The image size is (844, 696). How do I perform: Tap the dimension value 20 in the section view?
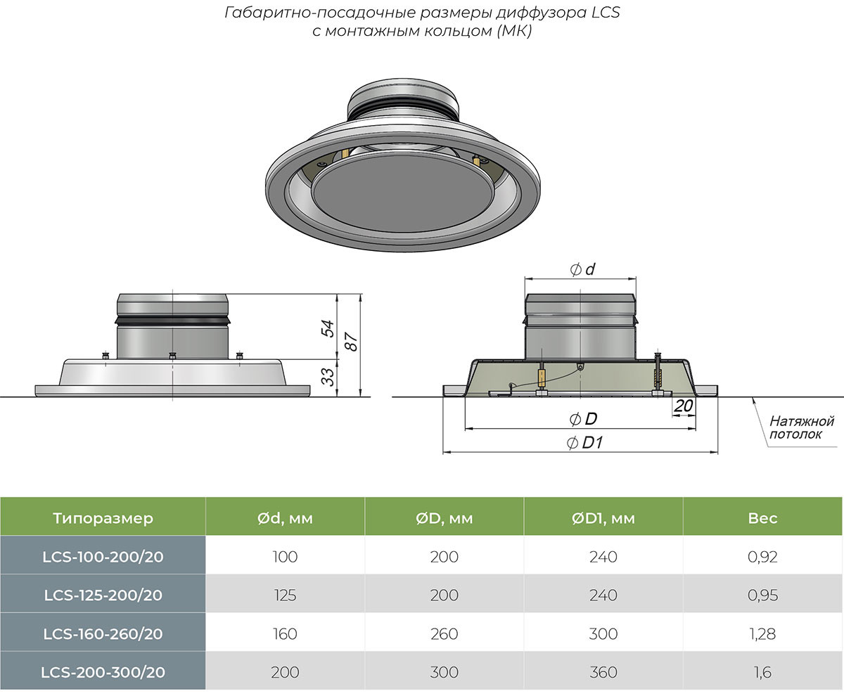683,405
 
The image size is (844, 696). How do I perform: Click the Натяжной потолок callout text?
800,427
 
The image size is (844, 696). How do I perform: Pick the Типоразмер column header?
103,519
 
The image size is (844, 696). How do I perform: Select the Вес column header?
763,519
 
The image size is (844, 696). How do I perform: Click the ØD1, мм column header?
603,519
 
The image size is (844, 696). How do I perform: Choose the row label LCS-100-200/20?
103,557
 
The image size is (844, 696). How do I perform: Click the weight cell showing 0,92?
763,557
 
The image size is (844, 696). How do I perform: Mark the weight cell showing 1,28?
763,633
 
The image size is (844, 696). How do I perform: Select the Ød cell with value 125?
284,595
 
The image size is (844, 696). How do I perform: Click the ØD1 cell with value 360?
603,672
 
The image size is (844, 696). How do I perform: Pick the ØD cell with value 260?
444,633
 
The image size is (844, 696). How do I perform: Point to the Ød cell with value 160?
284,633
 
